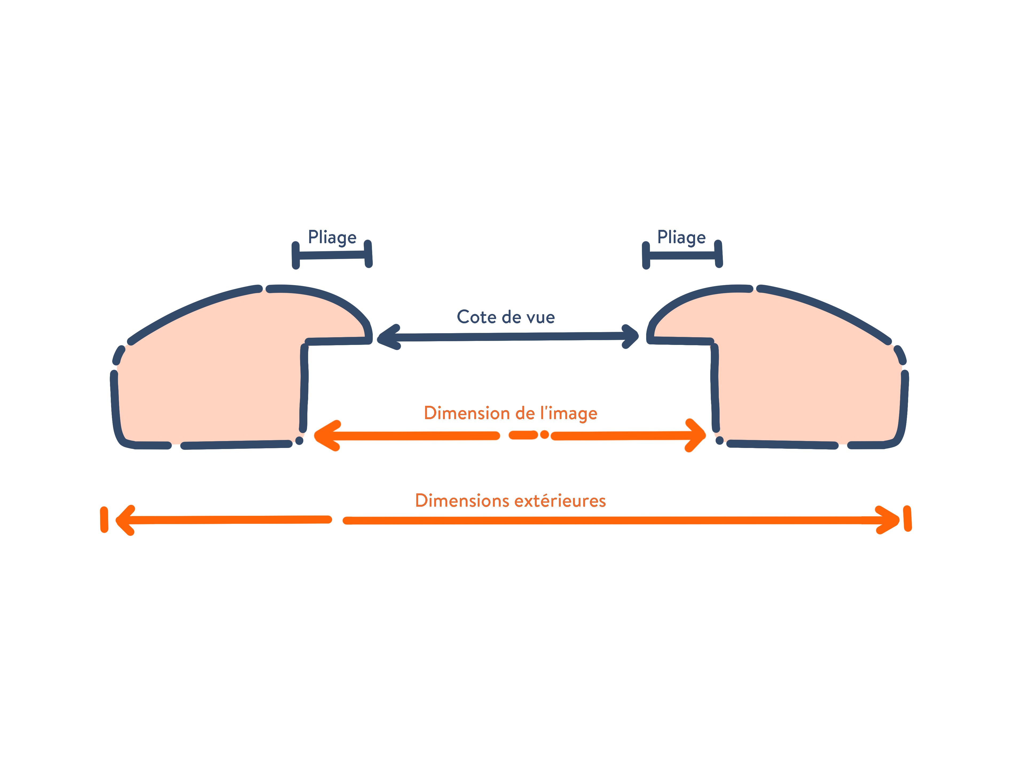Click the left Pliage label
(x=332, y=237)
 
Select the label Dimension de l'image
(x=511, y=414)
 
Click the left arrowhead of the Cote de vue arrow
(x=388, y=338)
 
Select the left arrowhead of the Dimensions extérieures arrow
(x=125, y=520)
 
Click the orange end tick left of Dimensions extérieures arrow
(x=104, y=520)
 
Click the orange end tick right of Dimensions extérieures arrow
(x=908, y=519)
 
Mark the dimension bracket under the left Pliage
(x=332, y=255)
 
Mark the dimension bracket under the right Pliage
(x=682, y=255)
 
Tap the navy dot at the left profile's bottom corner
(x=299, y=441)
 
